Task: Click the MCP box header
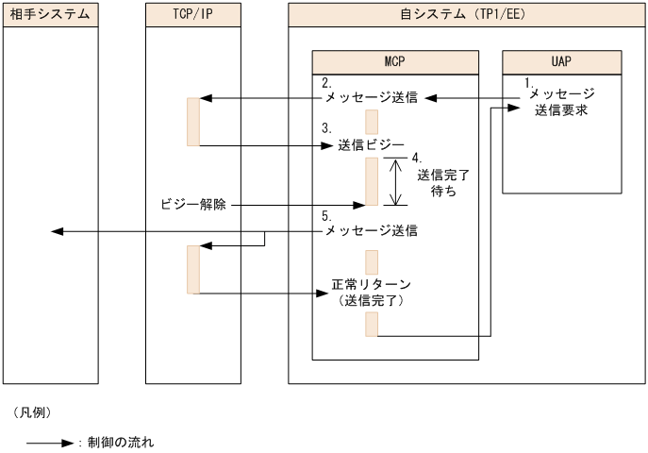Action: click(x=395, y=61)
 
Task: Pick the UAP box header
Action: click(x=561, y=61)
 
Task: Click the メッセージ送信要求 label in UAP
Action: click(x=561, y=102)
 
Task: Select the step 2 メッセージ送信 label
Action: click(x=371, y=98)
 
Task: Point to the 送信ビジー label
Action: click(x=371, y=145)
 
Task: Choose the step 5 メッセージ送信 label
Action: click(x=371, y=230)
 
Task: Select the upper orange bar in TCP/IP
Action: click(x=193, y=122)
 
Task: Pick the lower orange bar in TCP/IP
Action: click(x=193, y=269)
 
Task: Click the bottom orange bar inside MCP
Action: click(x=372, y=324)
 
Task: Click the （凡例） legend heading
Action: click(x=32, y=412)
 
